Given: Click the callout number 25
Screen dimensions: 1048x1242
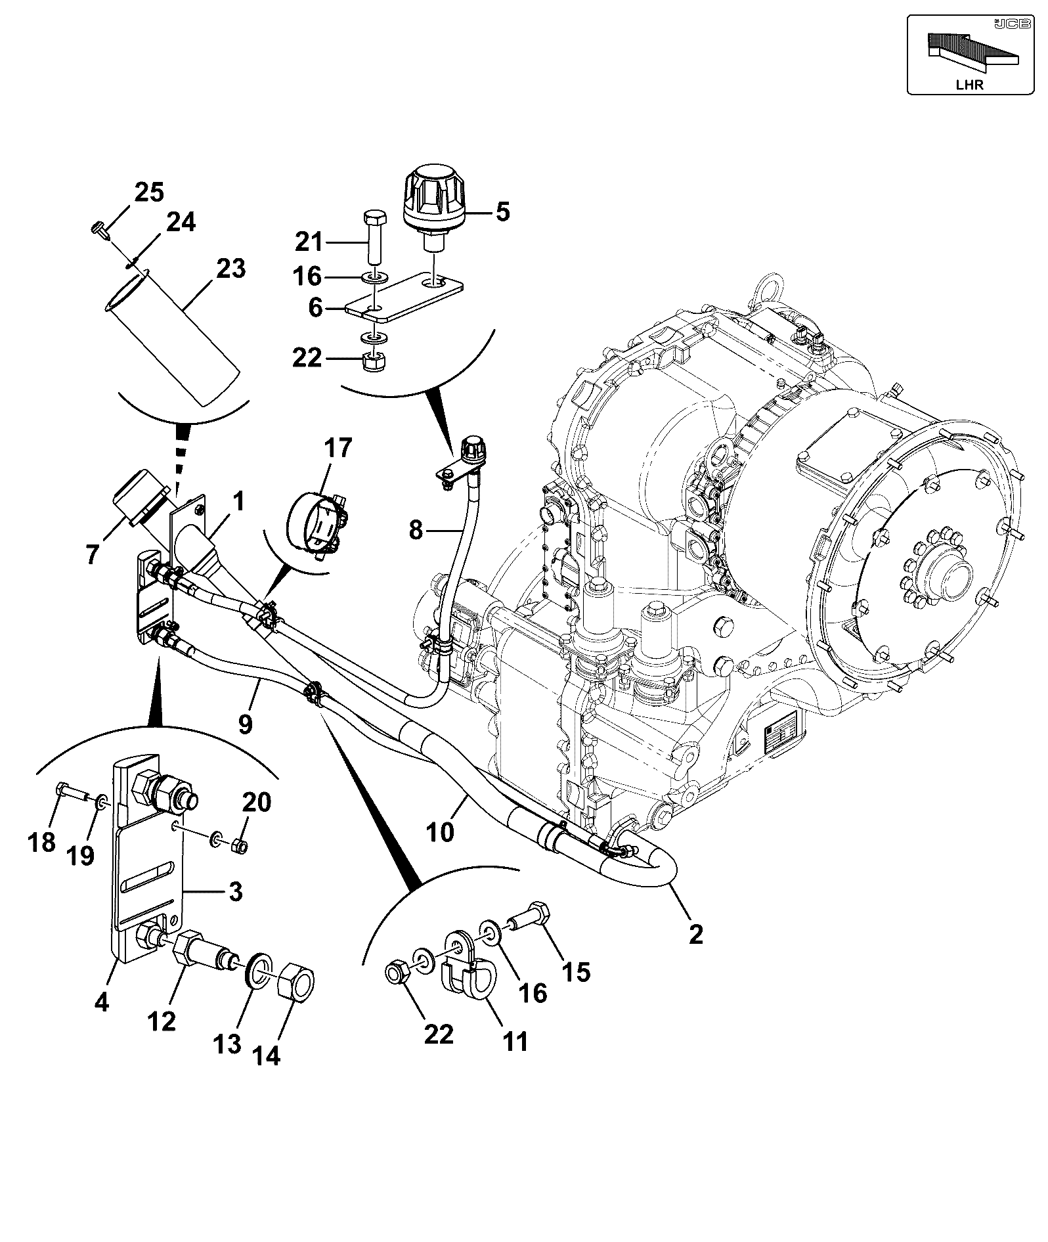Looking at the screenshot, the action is (x=149, y=193).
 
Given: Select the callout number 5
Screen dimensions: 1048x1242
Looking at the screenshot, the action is (x=502, y=212).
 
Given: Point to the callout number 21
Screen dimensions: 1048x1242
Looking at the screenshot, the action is (x=309, y=242).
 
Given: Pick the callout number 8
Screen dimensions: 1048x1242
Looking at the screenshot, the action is (x=416, y=530).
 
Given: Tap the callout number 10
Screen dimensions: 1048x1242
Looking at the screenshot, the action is (x=439, y=832).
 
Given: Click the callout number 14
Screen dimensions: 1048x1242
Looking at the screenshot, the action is (x=267, y=1055).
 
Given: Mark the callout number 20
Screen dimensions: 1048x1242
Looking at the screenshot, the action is (x=257, y=803).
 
